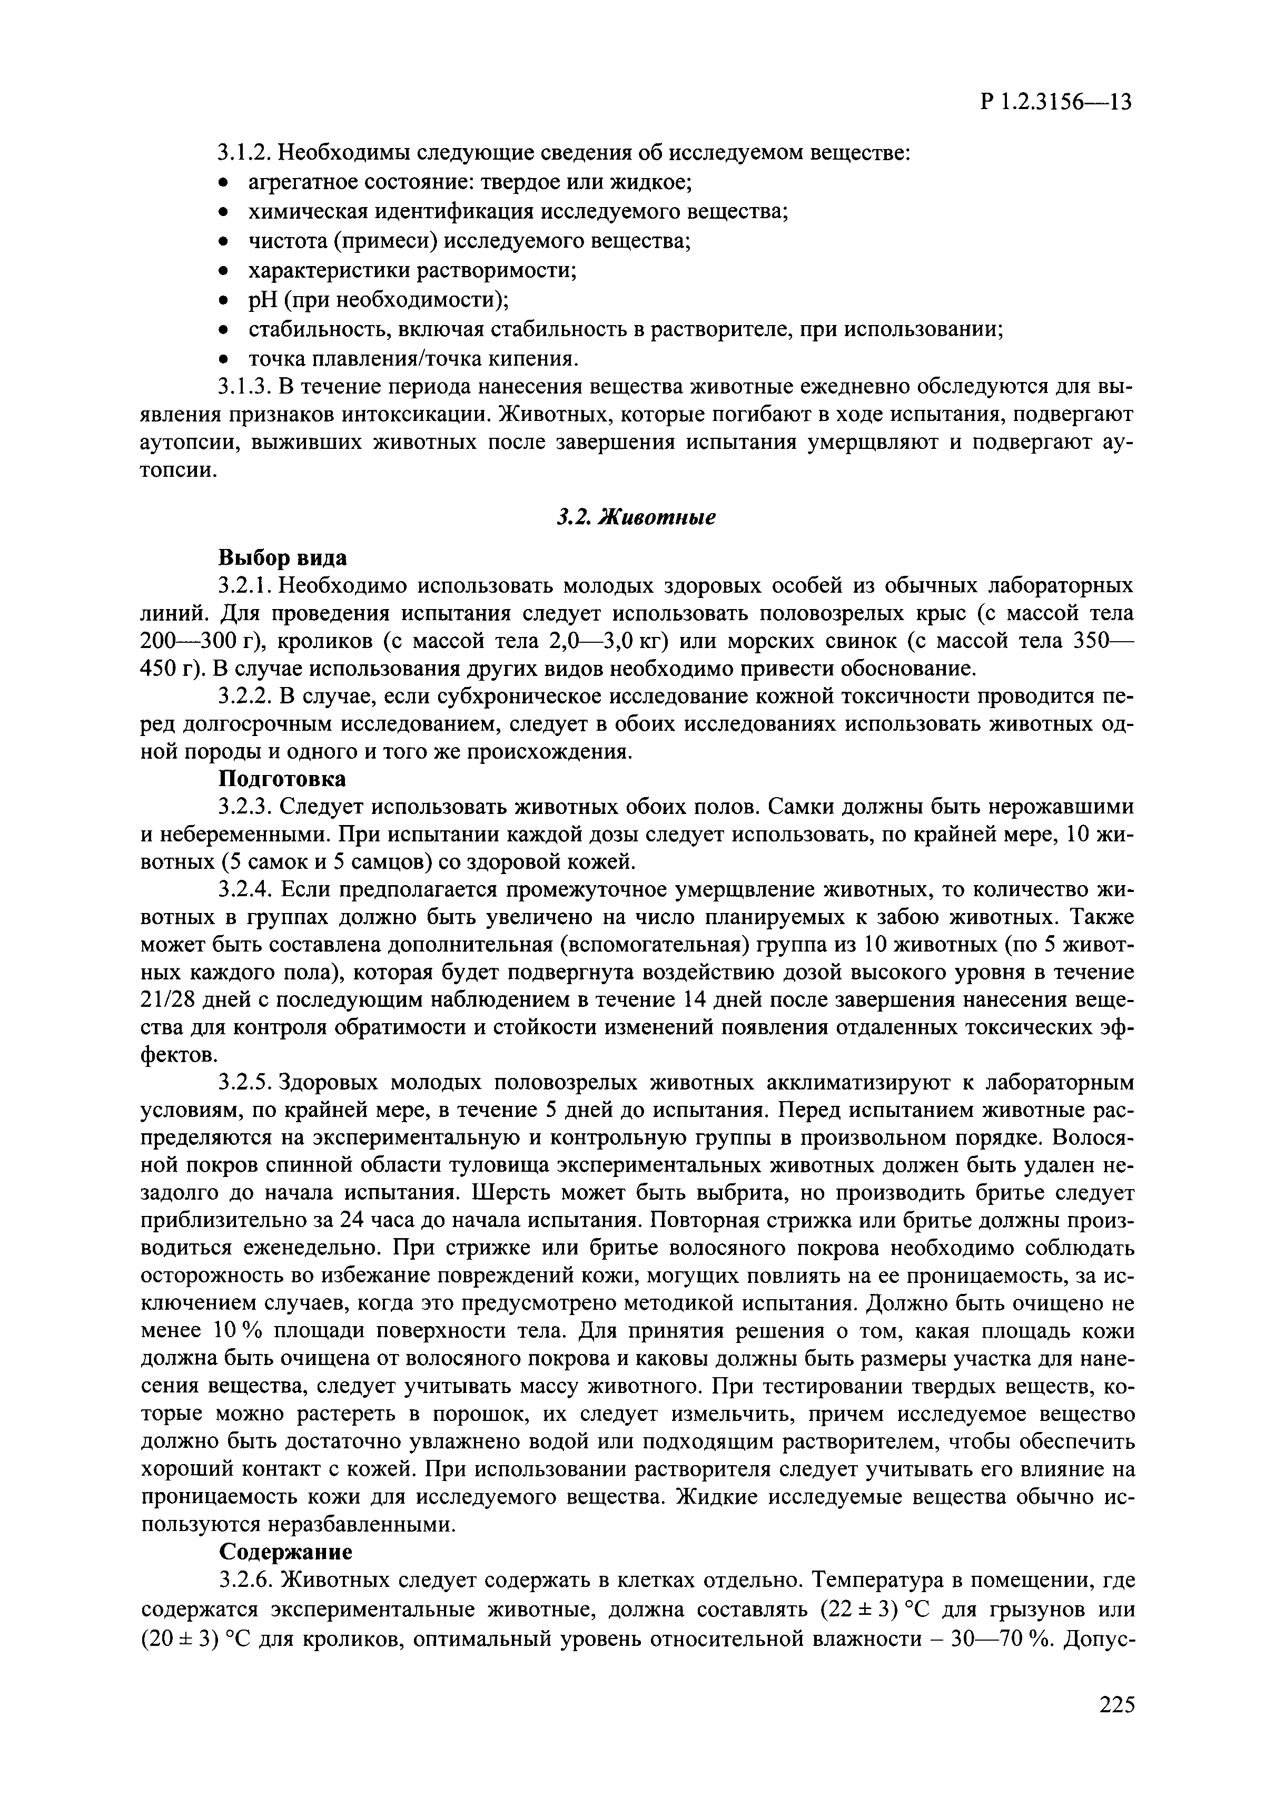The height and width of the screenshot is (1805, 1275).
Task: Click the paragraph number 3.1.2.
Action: tap(244, 152)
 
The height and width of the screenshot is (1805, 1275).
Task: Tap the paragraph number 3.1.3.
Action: tap(244, 387)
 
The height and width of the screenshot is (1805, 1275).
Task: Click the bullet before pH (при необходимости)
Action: tap(224, 300)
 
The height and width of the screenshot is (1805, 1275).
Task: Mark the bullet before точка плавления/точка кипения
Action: tap(224, 360)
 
